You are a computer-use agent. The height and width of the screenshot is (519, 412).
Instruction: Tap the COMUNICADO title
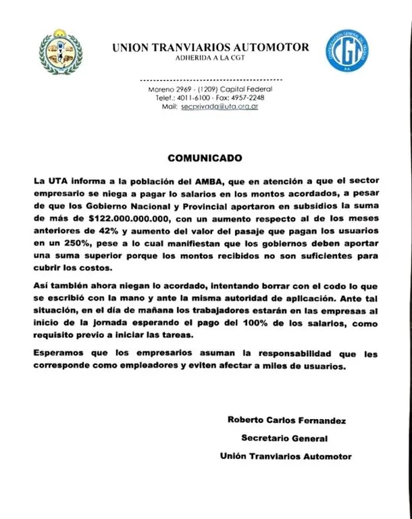pyautogui.click(x=204, y=159)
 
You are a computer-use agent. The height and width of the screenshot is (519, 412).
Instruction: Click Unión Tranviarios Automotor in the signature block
pyautogui.click(x=286, y=456)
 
